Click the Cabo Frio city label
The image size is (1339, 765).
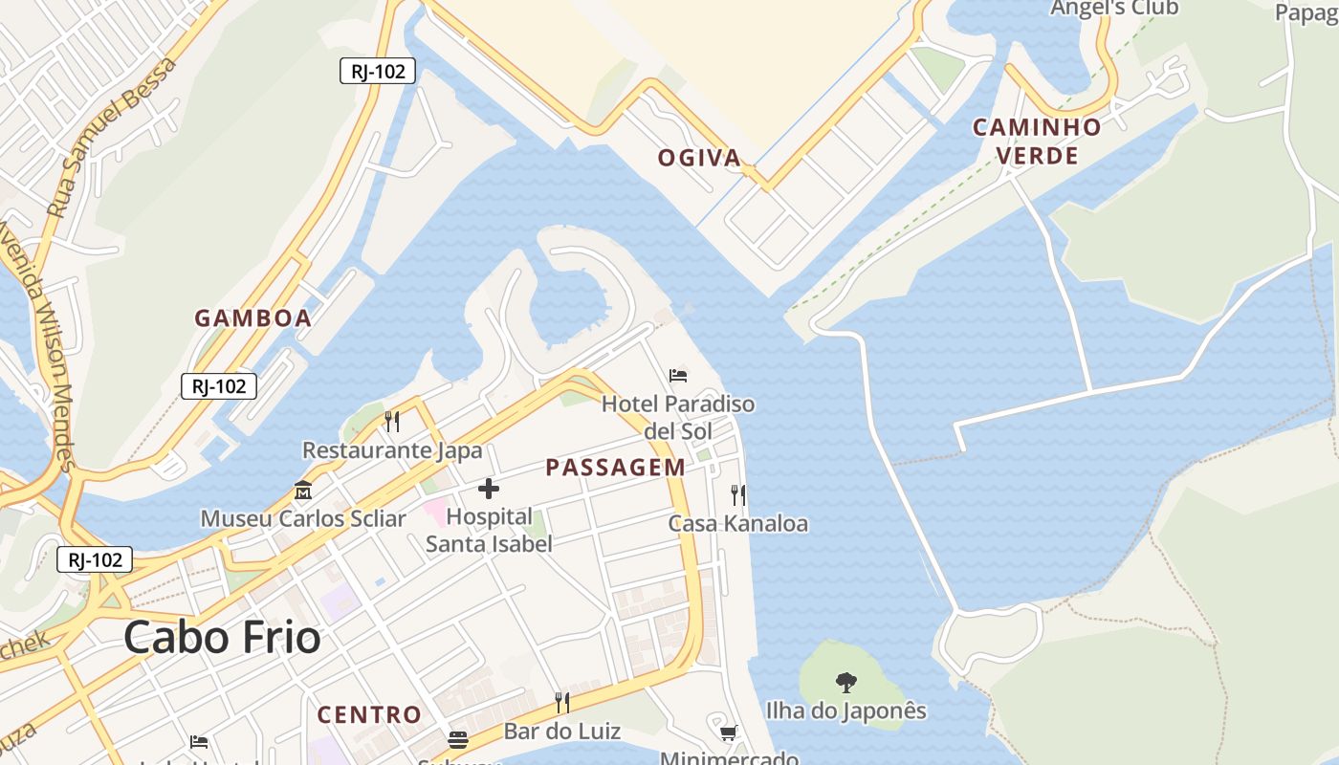pos(222,638)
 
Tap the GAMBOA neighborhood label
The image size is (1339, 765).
pos(253,318)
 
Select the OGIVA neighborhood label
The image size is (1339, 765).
pos(699,158)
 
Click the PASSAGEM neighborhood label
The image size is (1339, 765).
pos(615,468)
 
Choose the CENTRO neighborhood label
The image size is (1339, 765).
pos(369,714)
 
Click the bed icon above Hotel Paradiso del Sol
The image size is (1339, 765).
pos(678,376)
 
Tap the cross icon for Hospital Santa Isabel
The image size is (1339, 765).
pos(489,490)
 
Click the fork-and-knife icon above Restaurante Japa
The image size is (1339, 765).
pos(391,421)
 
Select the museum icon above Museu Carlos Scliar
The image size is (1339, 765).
pos(303,491)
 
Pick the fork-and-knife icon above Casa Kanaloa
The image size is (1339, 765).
pos(737,495)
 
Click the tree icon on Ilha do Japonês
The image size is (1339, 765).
pos(845,683)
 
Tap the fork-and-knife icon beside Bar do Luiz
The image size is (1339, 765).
pos(562,703)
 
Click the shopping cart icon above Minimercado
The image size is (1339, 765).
pos(729,733)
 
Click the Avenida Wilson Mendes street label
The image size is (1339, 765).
pos(38,349)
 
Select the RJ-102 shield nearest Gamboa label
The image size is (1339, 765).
pos(219,386)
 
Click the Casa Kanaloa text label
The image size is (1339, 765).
pos(737,524)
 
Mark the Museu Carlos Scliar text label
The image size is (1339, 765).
pos(303,519)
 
